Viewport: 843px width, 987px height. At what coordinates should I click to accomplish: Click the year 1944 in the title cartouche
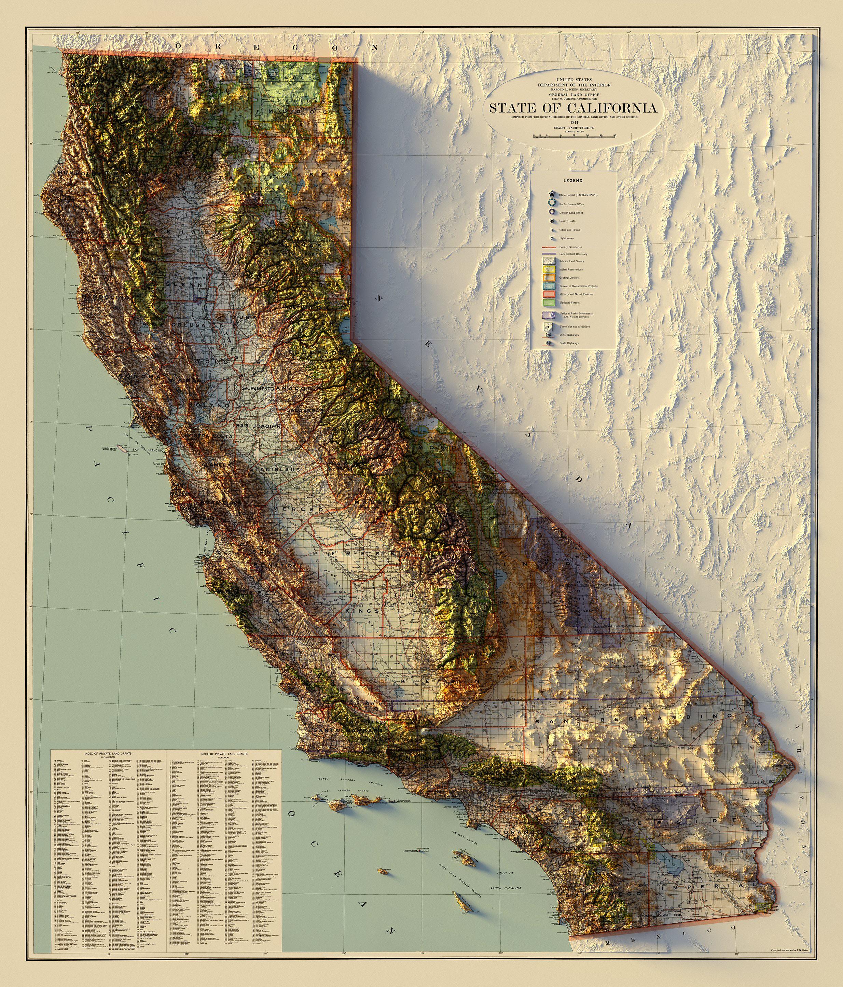tap(574, 122)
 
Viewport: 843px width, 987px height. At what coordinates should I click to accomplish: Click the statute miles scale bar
tap(574, 136)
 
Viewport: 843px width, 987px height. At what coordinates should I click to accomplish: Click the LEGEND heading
tap(572, 181)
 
